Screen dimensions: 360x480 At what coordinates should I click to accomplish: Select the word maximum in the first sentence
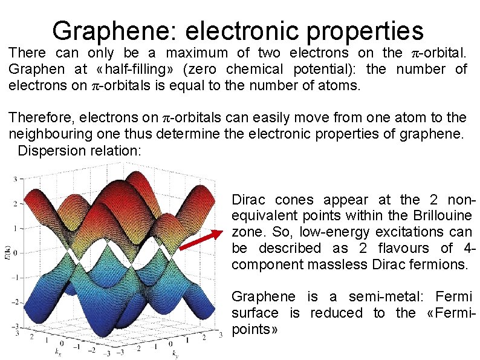pyautogui.click(x=192, y=53)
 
